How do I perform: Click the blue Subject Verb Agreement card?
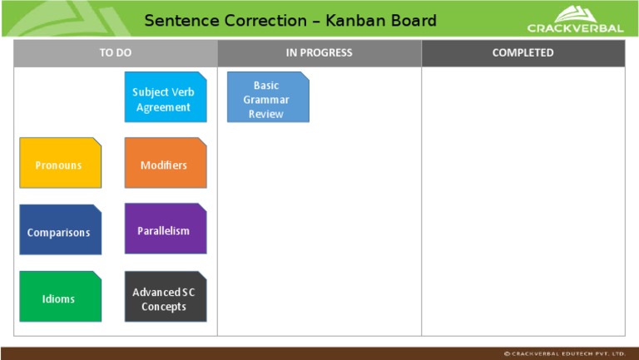(x=165, y=97)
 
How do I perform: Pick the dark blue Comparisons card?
(x=60, y=230)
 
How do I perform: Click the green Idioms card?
(x=60, y=297)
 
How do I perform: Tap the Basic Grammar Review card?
(x=267, y=98)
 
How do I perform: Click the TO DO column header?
(x=116, y=52)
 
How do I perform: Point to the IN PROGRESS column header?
(x=319, y=52)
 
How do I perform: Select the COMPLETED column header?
(x=523, y=52)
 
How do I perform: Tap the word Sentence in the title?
(x=180, y=20)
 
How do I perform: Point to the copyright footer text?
(x=565, y=353)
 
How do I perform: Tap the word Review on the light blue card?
(x=266, y=114)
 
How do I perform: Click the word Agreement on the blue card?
(x=164, y=107)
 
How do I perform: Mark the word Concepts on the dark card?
(x=164, y=307)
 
